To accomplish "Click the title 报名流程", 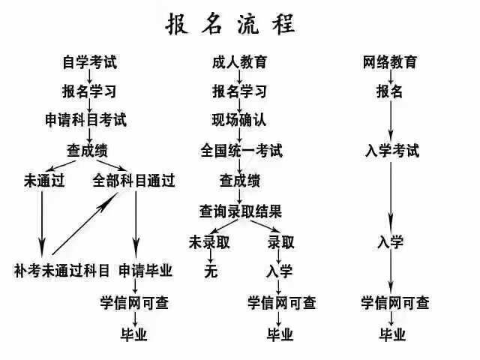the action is tap(230, 24).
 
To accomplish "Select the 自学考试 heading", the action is tap(90, 62).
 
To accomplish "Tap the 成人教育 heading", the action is tap(240, 62).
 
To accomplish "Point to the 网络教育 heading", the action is tap(390, 62).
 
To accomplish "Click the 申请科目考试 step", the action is tap(85, 120).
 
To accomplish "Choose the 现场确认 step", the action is tap(239, 120).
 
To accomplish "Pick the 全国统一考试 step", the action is tap(241, 151).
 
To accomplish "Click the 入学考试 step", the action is tap(392, 151).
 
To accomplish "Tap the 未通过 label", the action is tap(44, 180).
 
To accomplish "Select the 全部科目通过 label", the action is tap(133, 180).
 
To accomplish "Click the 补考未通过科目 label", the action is tap(61, 271).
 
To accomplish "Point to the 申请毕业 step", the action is tap(145, 271).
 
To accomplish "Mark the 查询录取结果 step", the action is tap(241, 211).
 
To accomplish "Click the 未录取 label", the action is tap(209, 242).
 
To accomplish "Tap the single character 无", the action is tap(211, 271).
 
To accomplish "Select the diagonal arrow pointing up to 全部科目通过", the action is tap(85, 224).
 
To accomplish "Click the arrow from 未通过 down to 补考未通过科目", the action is tap(42, 224).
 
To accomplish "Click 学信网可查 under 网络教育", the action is tap(395, 303).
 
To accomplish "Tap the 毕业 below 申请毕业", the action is tap(134, 334).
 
